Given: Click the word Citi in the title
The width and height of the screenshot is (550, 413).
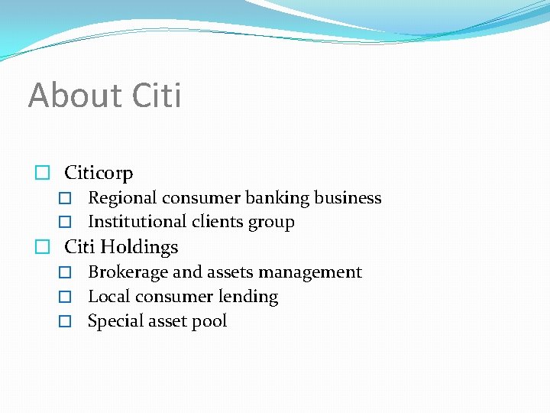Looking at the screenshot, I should click(157, 96).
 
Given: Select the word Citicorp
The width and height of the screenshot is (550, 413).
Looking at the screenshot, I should click(99, 173).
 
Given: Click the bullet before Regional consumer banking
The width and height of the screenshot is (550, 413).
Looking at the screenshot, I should click(66, 199).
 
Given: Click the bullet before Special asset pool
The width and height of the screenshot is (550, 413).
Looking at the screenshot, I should click(66, 322).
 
